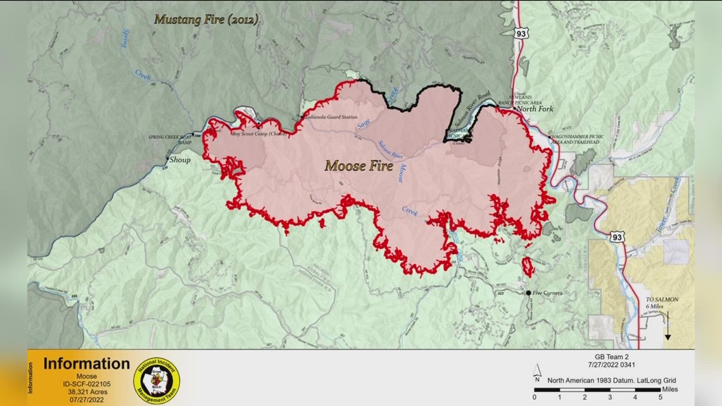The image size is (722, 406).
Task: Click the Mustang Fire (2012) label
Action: (x=206, y=20)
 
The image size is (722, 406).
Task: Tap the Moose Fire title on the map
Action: (x=358, y=167)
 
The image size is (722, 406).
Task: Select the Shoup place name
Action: (x=179, y=160)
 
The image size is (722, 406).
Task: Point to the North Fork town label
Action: (x=535, y=109)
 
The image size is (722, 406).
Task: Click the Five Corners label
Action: (x=548, y=293)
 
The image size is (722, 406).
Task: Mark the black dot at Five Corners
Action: (x=528, y=293)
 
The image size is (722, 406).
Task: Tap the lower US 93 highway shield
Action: (x=616, y=237)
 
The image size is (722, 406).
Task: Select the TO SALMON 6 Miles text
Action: (x=661, y=303)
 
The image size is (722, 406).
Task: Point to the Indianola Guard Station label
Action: (x=331, y=118)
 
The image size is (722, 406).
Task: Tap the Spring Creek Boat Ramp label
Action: (x=169, y=139)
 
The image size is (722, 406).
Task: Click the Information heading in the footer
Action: (x=86, y=364)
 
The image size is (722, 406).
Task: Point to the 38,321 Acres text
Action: (x=79, y=391)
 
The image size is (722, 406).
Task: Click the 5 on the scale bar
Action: (x=661, y=398)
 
